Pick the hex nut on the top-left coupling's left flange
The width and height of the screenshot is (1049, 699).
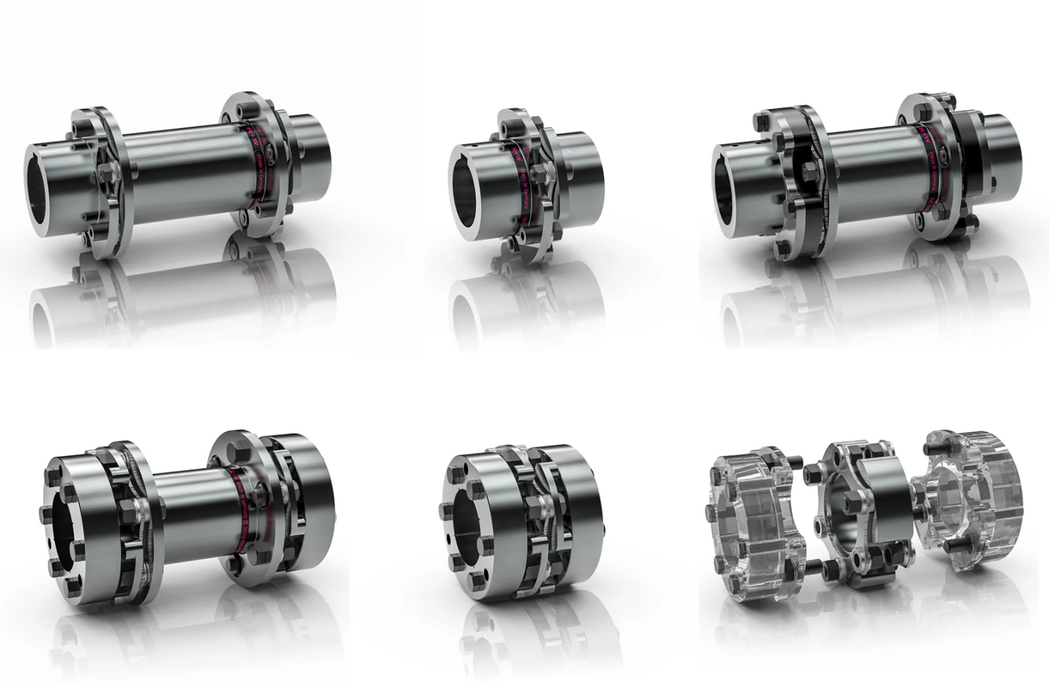pyautogui.click(x=106, y=170)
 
